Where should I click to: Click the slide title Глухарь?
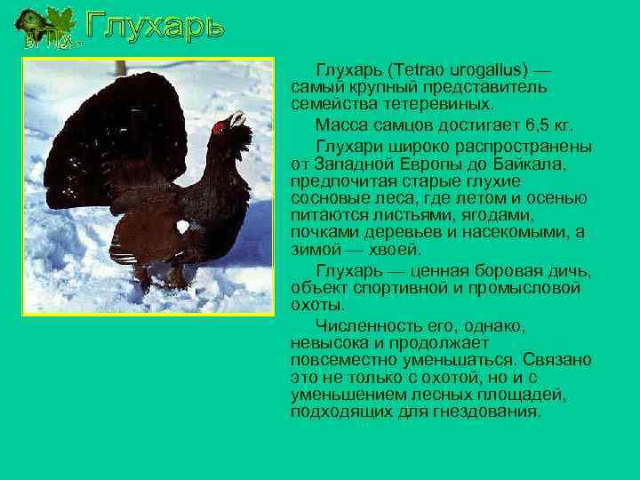click(x=155, y=27)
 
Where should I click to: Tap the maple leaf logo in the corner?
click(x=60, y=25)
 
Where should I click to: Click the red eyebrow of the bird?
click(x=218, y=127)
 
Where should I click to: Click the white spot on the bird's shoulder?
click(x=183, y=227)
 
